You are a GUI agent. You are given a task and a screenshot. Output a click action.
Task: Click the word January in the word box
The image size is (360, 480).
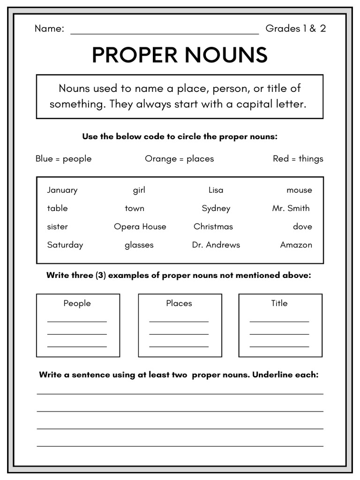[x=62, y=190]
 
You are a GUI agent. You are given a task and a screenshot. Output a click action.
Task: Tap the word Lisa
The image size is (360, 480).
[x=216, y=190]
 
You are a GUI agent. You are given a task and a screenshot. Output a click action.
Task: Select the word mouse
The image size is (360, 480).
[x=299, y=190]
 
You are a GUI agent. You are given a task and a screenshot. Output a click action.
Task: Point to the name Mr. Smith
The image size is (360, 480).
[x=291, y=208]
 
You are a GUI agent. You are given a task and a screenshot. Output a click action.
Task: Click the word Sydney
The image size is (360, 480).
[x=216, y=208]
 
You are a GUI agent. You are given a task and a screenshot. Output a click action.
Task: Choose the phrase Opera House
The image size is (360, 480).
[x=140, y=226]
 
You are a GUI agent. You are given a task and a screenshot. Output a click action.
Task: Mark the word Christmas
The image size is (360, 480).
[x=213, y=226]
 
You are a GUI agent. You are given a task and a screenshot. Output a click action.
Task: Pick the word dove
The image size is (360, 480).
[x=302, y=226]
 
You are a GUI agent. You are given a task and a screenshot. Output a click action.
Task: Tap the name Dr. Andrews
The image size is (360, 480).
[x=216, y=245]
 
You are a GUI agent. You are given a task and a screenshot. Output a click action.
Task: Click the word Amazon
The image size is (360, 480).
[x=296, y=245]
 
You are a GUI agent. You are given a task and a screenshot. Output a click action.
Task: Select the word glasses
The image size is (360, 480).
[x=139, y=245]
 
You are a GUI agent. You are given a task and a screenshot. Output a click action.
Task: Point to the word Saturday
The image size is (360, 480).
[x=65, y=245]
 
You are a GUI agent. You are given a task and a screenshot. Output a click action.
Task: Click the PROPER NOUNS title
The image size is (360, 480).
[x=180, y=55]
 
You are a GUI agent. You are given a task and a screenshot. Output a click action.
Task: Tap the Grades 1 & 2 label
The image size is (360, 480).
[x=295, y=29]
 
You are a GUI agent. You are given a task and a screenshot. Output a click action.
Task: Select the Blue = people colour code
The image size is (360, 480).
[x=63, y=159]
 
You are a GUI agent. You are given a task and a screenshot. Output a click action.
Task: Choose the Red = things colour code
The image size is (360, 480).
[x=298, y=159]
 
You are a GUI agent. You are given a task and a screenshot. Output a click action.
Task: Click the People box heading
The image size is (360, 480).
[x=77, y=303]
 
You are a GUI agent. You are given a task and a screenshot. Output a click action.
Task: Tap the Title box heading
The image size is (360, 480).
[x=279, y=303]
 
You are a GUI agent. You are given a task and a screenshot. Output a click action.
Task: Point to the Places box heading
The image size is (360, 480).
[x=179, y=303]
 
